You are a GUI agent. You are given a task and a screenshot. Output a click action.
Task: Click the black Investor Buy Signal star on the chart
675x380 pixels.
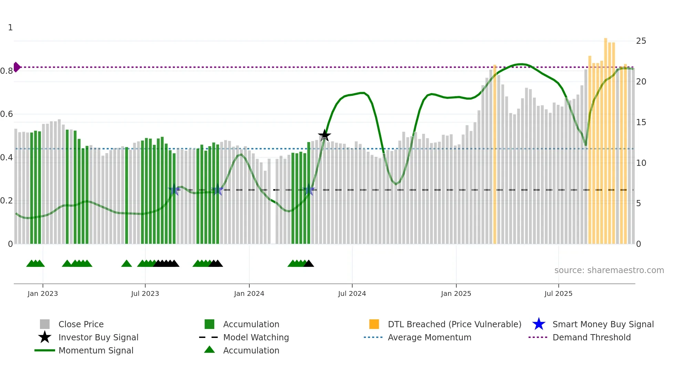point(324,136)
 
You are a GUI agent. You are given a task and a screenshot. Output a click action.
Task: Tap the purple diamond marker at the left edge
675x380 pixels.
point(17,67)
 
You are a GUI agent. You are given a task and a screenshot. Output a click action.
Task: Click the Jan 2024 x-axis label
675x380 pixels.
point(249,293)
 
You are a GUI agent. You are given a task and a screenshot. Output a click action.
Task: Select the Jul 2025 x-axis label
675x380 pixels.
point(558,293)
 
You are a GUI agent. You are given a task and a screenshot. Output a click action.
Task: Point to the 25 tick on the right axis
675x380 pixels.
point(641,41)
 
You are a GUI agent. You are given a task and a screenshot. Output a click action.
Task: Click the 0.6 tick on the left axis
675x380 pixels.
point(7,114)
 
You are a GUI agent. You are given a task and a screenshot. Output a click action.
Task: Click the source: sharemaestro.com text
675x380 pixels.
point(609,270)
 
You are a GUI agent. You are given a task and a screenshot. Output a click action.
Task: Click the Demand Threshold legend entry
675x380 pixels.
point(591,337)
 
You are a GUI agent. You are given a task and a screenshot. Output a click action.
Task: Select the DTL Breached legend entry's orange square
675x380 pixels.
point(374,324)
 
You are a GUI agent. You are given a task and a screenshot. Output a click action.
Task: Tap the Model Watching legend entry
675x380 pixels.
point(256,337)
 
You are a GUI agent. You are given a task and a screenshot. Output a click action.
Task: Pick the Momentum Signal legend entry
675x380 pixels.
point(96,350)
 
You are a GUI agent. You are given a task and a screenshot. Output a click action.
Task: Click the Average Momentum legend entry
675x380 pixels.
point(429,337)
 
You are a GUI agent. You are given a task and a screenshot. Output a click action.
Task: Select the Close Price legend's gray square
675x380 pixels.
point(45,324)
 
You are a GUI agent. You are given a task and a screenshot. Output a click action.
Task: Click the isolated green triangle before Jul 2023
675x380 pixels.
point(126,264)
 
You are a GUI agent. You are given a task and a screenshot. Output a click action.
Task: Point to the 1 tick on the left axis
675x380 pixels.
point(10,28)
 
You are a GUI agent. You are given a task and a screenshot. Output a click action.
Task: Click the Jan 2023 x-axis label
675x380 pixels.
point(43,293)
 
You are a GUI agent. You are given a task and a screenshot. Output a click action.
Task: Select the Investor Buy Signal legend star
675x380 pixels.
point(45,337)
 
